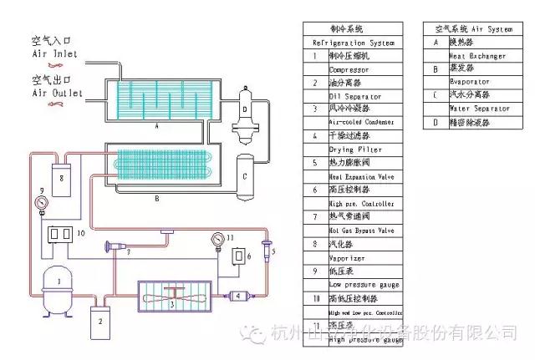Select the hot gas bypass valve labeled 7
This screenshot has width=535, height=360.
(x=120, y=247)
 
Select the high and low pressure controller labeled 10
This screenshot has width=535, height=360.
(x=60, y=236)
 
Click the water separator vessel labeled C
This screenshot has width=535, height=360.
(x=245, y=175)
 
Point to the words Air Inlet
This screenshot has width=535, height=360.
(x=54, y=54)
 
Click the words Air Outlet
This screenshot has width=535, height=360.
(x=57, y=94)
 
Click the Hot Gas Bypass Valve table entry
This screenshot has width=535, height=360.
(x=362, y=229)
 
